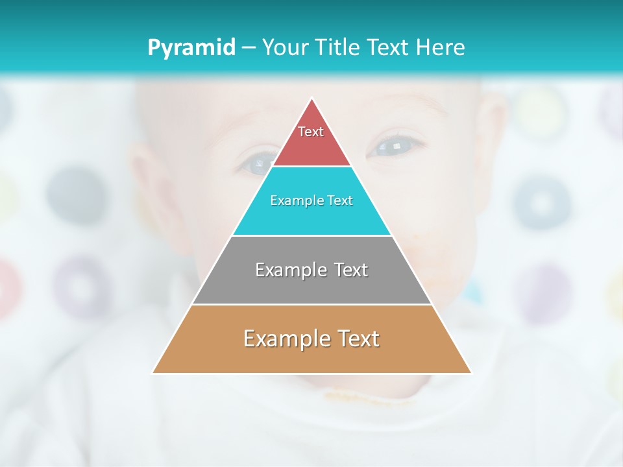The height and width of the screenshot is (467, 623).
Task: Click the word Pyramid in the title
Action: pyautogui.click(x=191, y=47)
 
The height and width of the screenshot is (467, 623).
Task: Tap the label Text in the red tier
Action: pyautogui.click(x=311, y=132)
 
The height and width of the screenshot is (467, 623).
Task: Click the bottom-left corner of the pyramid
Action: pyautogui.click(x=153, y=373)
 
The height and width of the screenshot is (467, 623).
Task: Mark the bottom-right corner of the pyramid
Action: pyautogui.click(x=470, y=373)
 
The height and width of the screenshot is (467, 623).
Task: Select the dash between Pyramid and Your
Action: pyautogui.click(x=249, y=47)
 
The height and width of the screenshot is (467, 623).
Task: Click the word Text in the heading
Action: pyautogui.click(x=387, y=47)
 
